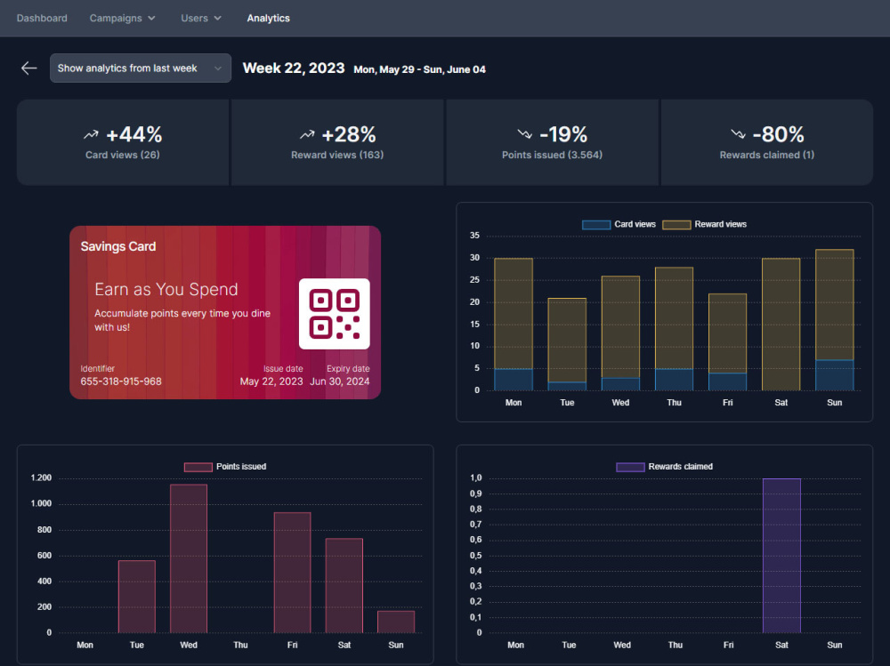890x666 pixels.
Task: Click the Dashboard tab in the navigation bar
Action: (x=42, y=18)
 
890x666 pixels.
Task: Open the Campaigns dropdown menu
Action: (x=122, y=18)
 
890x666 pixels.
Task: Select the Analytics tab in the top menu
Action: (x=268, y=18)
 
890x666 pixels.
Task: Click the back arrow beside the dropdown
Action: (x=29, y=68)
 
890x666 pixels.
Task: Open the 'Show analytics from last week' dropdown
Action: (x=141, y=68)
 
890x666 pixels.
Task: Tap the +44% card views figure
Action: (x=134, y=134)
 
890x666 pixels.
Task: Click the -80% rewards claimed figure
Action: (x=778, y=134)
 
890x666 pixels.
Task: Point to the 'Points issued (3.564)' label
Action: (x=552, y=155)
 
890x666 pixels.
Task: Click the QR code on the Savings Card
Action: (x=335, y=314)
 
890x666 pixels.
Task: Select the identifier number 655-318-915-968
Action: (x=121, y=381)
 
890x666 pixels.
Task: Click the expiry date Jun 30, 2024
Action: (x=339, y=381)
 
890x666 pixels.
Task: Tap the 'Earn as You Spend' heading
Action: (x=166, y=289)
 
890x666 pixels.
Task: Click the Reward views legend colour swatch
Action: (x=676, y=225)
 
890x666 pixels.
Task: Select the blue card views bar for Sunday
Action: (x=835, y=375)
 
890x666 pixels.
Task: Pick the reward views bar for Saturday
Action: (x=781, y=325)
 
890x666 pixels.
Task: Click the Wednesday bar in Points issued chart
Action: (x=189, y=558)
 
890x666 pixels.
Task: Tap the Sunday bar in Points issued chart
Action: (x=396, y=622)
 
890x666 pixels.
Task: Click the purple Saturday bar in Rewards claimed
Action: (x=781, y=556)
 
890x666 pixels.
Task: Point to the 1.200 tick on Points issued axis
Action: (x=41, y=477)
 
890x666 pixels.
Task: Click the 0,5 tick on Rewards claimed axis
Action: (x=475, y=556)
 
